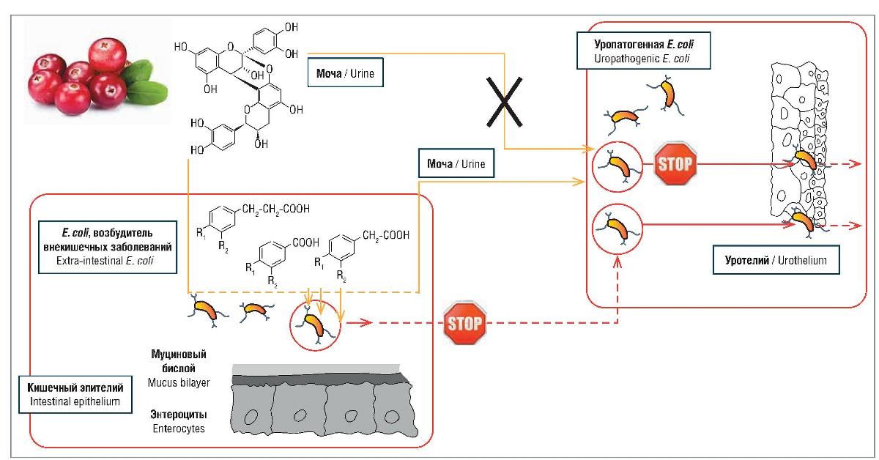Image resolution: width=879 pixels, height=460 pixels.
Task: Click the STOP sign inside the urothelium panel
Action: point(675,162)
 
